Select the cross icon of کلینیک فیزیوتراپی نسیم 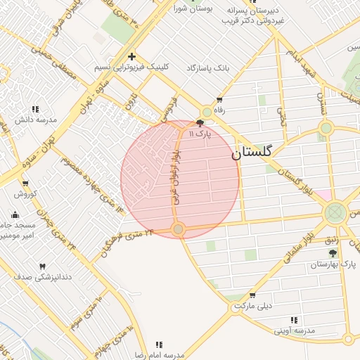(131, 57)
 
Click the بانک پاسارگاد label (208, 68)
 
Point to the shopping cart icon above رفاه (219, 100)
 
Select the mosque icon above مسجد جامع (15, 214)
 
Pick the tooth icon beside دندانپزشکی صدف (42, 266)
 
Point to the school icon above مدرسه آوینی (311, 319)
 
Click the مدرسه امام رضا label (160, 355)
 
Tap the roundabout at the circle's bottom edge (179, 229)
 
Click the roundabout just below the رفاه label (207, 112)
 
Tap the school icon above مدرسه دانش (35, 109)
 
